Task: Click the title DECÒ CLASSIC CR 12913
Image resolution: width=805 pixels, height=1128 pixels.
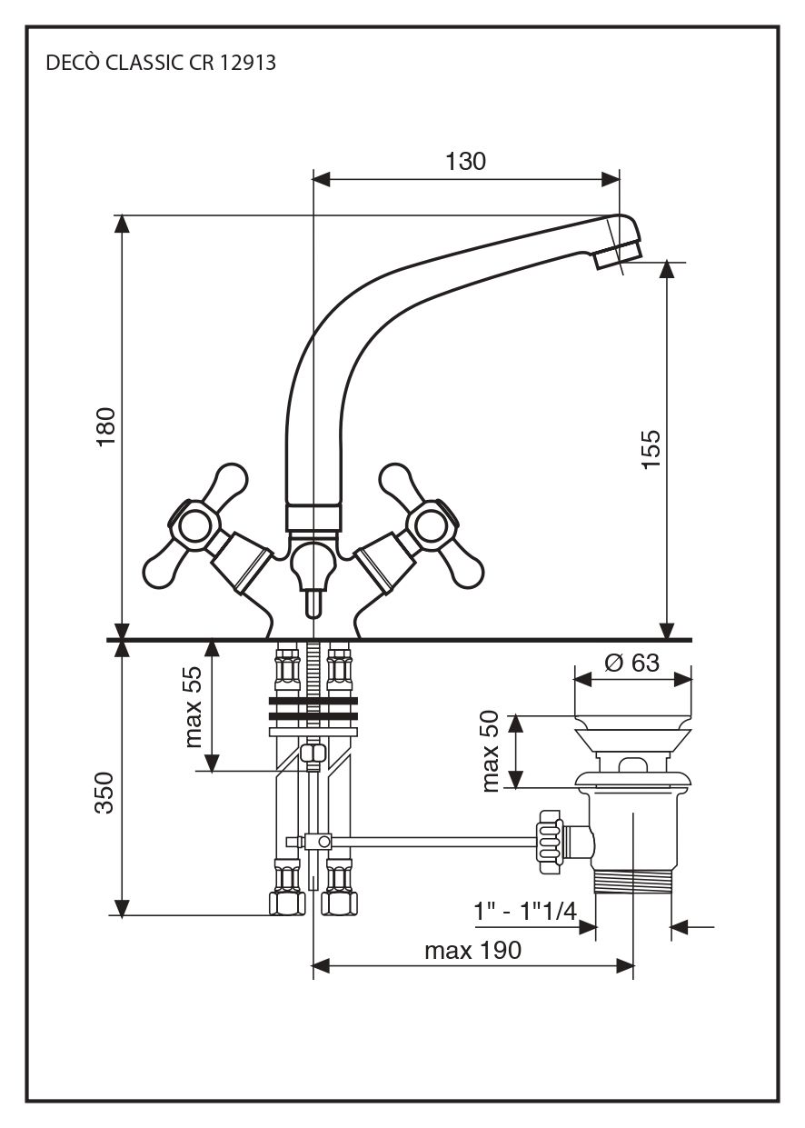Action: pos(160,64)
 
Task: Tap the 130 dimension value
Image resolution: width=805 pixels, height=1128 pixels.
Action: pos(465,162)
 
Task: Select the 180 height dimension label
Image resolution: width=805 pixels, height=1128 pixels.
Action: pos(106,426)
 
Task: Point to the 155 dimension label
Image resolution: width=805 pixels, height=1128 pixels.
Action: pos(651,449)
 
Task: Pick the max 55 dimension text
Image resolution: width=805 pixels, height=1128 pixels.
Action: pos(193,705)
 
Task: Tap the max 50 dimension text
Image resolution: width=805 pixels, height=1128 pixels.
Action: pos(492,752)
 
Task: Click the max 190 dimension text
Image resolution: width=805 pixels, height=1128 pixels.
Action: pos(472,951)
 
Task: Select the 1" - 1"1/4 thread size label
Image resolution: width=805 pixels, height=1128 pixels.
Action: pos(524,911)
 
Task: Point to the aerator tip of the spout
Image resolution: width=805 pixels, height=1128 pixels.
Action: pos(618,252)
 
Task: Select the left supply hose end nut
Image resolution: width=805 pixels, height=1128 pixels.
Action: pos(288,903)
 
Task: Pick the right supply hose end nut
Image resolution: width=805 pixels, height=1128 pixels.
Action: pos(340,903)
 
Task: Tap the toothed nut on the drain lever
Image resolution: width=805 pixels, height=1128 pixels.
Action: pos(549,842)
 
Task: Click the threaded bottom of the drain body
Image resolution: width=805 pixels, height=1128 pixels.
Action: pos(632,883)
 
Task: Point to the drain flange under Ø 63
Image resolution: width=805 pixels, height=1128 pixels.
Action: pos(632,732)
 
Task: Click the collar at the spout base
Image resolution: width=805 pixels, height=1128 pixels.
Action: pos(313,519)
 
